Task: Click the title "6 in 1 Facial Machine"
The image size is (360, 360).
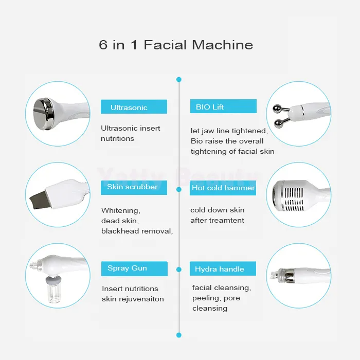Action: [x=176, y=45]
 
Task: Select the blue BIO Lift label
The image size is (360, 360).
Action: [x=223, y=107]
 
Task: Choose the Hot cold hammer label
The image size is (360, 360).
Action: [x=223, y=188]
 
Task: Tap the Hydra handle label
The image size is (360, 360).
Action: [x=223, y=269]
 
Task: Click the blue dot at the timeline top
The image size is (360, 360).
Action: [x=179, y=80]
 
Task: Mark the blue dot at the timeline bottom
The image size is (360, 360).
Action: [x=179, y=335]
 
